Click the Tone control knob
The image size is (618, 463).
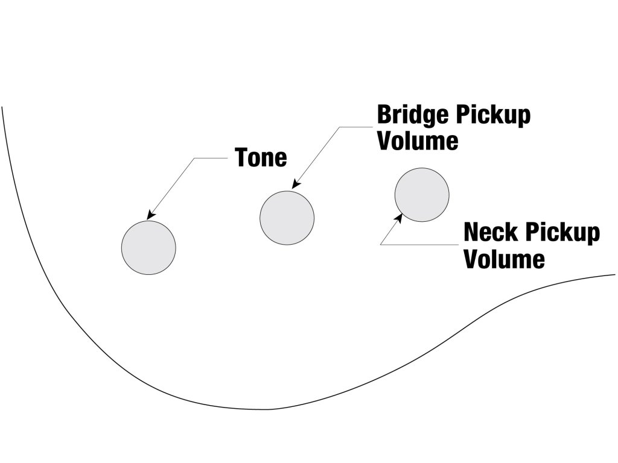pyautogui.click(x=148, y=248)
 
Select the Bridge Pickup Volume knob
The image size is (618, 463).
pyautogui.click(x=287, y=218)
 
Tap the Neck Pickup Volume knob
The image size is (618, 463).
pyautogui.click(x=422, y=195)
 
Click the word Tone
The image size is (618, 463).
pyautogui.click(x=261, y=157)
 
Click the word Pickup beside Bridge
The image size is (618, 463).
pyautogui.click(x=493, y=116)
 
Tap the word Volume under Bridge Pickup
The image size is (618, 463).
pyautogui.click(x=418, y=140)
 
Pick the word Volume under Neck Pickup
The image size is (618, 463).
pyautogui.click(x=504, y=259)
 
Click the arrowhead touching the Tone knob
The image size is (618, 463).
pyautogui.click(x=151, y=215)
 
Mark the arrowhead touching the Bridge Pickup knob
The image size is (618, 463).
pyautogui.click(x=296, y=184)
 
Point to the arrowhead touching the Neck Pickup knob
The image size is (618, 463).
pyautogui.click(x=398, y=218)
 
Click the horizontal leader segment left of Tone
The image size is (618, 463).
pyautogui.click(x=211, y=159)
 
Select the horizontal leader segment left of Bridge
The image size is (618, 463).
pyautogui.click(x=356, y=127)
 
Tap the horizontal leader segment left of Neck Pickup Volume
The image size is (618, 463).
pyautogui.click(x=419, y=245)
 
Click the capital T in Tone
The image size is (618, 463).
pyautogui.click(x=241, y=157)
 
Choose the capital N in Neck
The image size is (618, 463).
pyautogui.click(x=471, y=232)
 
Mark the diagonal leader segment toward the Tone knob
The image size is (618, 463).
pyautogui.click(x=171, y=189)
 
